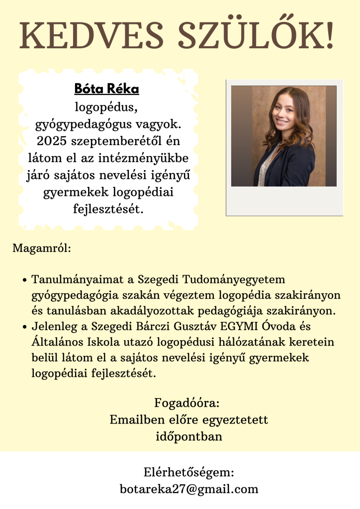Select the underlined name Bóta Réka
107,89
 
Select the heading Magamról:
42,247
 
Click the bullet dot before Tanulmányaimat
24,280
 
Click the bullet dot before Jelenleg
24,327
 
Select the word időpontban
188,437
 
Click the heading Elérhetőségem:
188,472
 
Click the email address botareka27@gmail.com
189,489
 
